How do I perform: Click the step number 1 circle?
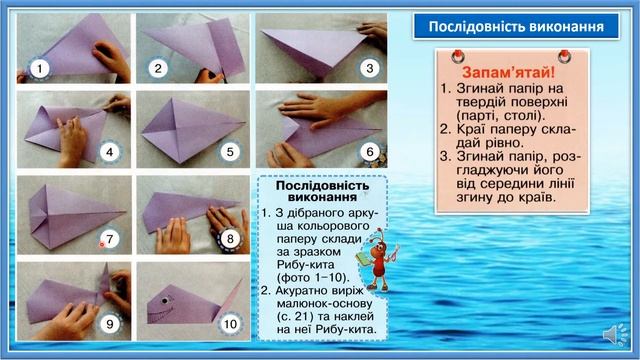click(x=38, y=68)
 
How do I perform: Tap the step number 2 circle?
click(x=158, y=68)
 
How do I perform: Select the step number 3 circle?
click(x=369, y=68)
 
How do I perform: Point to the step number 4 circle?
click(x=111, y=154)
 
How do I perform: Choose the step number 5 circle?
click(x=229, y=154)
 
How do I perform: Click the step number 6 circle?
click(x=369, y=153)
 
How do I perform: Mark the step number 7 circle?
click(x=111, y=238)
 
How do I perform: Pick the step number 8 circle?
click(x=229, y=239)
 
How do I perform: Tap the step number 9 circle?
click(x=111, y=323)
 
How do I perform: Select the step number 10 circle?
click(x=229, y=323)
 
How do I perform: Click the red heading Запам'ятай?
click(x=508, y=72)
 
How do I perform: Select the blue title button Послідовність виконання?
click(x=510, y=26)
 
